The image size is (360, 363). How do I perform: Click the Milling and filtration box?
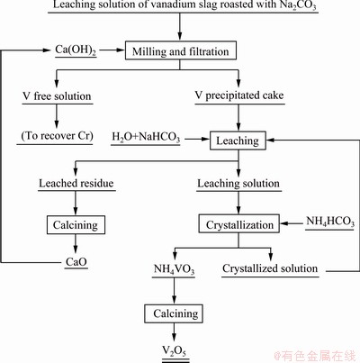(x=181, y=50)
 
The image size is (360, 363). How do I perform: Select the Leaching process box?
(x=238, y=141)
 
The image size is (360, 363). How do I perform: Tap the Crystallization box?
(x=239, y=223)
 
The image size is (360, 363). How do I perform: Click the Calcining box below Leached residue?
(x=76, y=224)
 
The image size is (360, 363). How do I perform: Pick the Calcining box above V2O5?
(x=174, y=313)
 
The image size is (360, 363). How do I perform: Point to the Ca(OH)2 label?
(x=76, y=50)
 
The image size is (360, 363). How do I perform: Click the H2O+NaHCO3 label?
(x=146, y=137)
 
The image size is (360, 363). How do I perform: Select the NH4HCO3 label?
(x=330, y=222)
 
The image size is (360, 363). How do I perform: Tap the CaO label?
(x=76, y=262)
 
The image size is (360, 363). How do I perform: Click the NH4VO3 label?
(x=174, y=269)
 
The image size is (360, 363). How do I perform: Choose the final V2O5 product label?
(x=175, y=351)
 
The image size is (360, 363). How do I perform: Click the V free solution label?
(x=57, y=96)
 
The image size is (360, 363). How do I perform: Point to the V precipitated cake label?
(x=239, y=95)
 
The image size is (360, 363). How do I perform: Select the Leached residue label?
(x=76, y=183)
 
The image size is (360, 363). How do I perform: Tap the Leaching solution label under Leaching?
(x=238, y=184)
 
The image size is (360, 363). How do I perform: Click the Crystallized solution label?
(x=270, y=268)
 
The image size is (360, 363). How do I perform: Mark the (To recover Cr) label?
(x=57, y=136)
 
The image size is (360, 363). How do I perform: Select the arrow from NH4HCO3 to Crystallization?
(x=292, y=223)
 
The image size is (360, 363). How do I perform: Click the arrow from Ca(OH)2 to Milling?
(x=112, y=50)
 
